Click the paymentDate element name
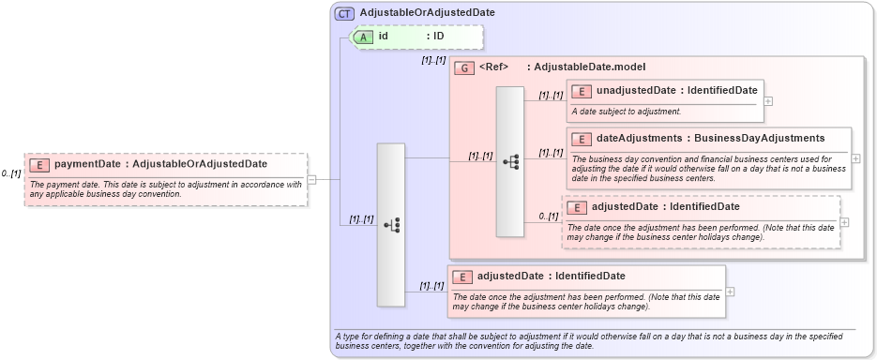click(x=87, y=164)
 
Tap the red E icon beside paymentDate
click(x=39, y=165)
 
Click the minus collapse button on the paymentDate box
click(x=311, y=180)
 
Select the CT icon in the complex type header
click(x=344, y=13)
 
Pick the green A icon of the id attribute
click(x=362, y=37)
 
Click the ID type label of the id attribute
click(x=438, y=37)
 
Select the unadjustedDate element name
click(x=635, y=91)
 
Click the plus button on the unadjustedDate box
click(x=768, y=101)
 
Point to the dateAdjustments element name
click(x=640, y=139)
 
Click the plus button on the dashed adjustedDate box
click(x=845, y=222)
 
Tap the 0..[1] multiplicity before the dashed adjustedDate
click(x=549, y=217)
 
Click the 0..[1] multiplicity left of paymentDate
click(x=11, y=173)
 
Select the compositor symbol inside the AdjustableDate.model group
click(x=510, y=161)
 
